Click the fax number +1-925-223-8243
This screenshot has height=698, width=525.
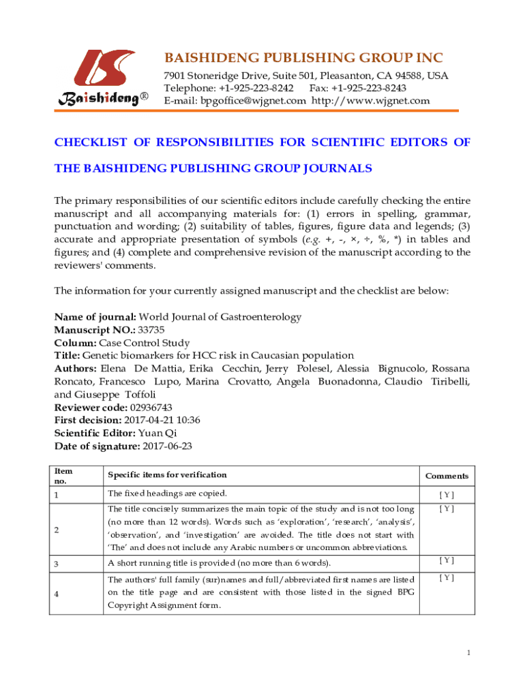370,89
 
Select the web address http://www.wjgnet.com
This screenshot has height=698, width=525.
371,101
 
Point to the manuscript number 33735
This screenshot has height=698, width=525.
151,330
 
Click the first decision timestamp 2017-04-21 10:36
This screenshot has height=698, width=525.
162,421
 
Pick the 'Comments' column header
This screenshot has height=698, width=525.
447,476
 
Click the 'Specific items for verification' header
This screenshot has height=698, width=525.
167,474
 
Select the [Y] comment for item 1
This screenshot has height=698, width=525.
447,495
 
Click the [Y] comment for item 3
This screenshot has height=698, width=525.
447,560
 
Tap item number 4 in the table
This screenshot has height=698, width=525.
57,593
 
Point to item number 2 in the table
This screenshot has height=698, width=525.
57,529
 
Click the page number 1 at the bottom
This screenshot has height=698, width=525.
469,654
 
